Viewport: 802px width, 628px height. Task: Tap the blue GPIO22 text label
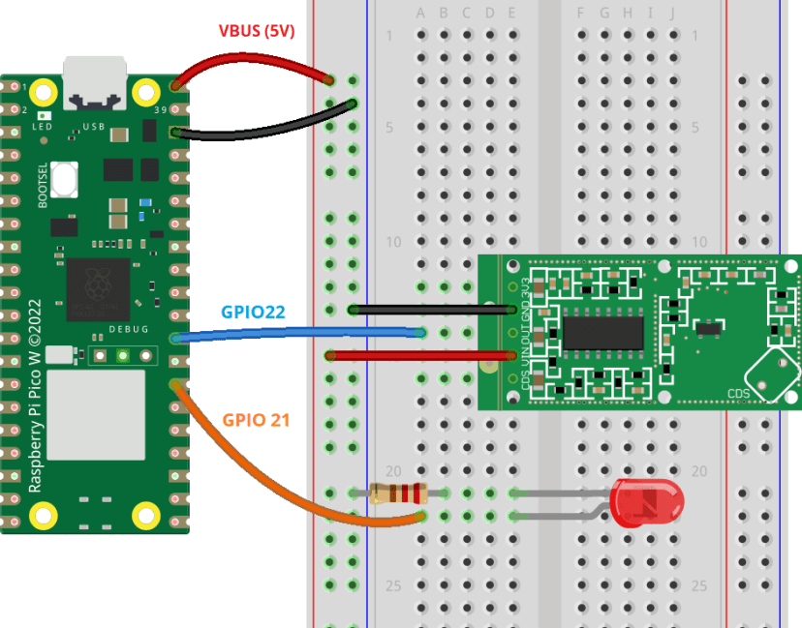[x=253, y=313]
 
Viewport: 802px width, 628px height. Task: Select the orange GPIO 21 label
[x=256, y=420]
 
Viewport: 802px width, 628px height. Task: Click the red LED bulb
[x=648, y=503]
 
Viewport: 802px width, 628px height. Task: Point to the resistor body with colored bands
[x=397, y=493]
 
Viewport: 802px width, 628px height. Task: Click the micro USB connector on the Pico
[x=94, y=81]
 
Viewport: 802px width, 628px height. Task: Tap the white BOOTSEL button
[x=65, y=179]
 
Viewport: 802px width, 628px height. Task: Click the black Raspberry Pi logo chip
[x=98, y=289]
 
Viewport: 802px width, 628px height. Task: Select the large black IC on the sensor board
[x=603, y=331]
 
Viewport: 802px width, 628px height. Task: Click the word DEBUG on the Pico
[x=128, y=330]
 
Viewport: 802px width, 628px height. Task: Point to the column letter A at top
[x=420, y=13]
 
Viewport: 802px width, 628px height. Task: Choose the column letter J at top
[x=672, y=13]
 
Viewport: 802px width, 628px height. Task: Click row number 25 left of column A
[x=393, y=585]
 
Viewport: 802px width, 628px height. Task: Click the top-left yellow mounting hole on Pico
[x=43, y=93]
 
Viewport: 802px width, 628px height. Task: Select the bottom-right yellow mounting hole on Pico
[x=145, y=515]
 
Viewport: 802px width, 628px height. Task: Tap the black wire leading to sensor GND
[x=426, y=310]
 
